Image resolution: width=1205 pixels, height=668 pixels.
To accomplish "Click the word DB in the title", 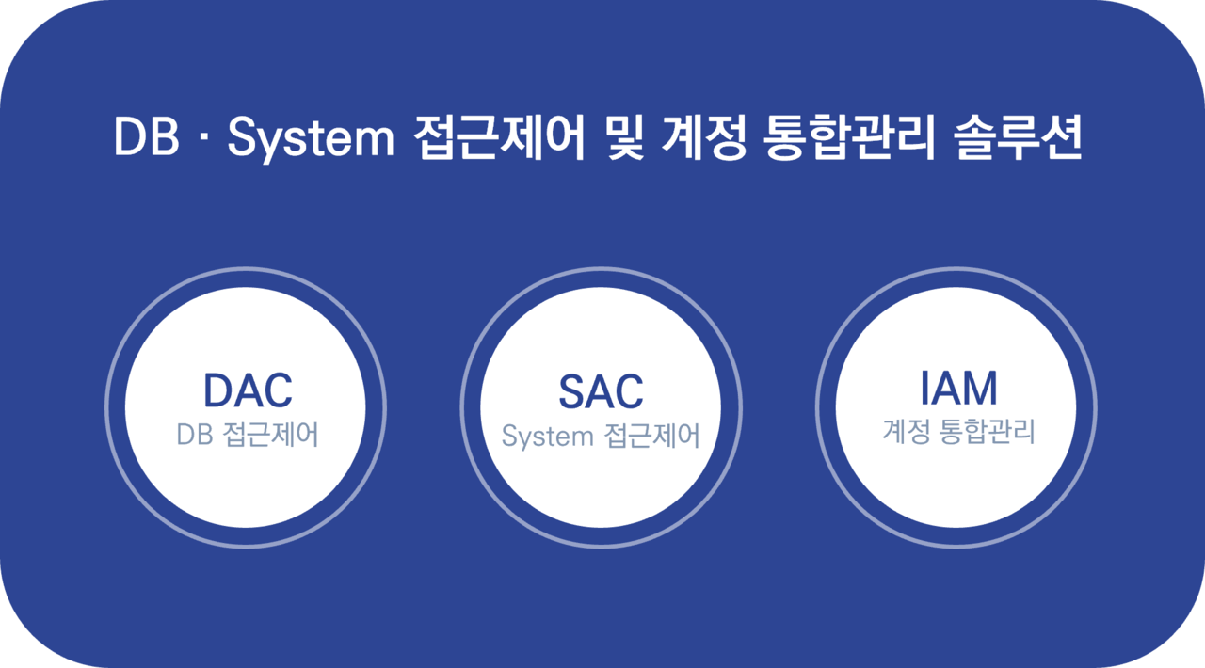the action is (146, 137).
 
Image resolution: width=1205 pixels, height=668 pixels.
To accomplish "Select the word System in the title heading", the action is (311, 140).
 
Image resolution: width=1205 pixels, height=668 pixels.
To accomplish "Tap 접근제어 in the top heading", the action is (499, 137).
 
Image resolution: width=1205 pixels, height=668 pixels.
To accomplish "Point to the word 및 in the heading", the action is (626, 137).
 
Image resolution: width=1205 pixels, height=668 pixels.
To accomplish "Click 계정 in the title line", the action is (704, 137).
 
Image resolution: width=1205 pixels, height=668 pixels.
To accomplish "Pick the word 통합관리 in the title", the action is (849, 137).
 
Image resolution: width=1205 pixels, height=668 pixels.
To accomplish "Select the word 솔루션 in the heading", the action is (1018, 137).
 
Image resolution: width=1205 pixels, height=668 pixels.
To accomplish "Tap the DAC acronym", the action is (248, 390).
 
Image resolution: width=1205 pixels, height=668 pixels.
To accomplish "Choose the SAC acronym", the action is (601, 391).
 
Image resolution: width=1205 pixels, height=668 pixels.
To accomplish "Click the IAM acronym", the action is (958, 388).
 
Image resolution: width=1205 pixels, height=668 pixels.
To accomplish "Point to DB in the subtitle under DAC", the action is (195, 435).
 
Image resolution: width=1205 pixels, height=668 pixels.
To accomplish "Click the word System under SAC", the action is (547, 437).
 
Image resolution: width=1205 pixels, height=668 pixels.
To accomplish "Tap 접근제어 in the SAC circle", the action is (652, 436).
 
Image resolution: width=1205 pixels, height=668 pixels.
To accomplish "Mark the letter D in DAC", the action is (218, 390).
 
